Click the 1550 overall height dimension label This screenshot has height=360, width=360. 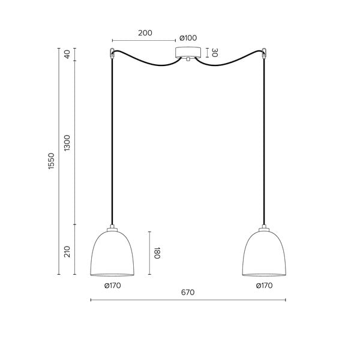point(52,161)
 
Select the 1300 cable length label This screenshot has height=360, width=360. point(67,143)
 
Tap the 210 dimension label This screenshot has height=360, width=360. point(67,251)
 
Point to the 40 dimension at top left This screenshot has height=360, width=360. point(67,53)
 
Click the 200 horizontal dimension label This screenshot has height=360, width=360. point(145,34)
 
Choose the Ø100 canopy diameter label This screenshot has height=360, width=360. point(188,38)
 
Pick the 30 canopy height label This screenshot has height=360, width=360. point(214,53)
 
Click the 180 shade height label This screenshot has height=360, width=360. point(157,253)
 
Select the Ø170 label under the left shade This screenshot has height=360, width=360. point(113,286)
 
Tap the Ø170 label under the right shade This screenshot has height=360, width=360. point(264,286)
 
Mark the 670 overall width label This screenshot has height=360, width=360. point(188,293)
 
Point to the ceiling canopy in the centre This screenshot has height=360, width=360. point(188,52)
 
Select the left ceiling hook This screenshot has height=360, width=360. point(112,52)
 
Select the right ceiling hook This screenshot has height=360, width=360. point(264,52)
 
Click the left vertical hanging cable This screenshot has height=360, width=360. point(112,144)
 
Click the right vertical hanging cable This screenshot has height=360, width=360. point(264,144)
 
